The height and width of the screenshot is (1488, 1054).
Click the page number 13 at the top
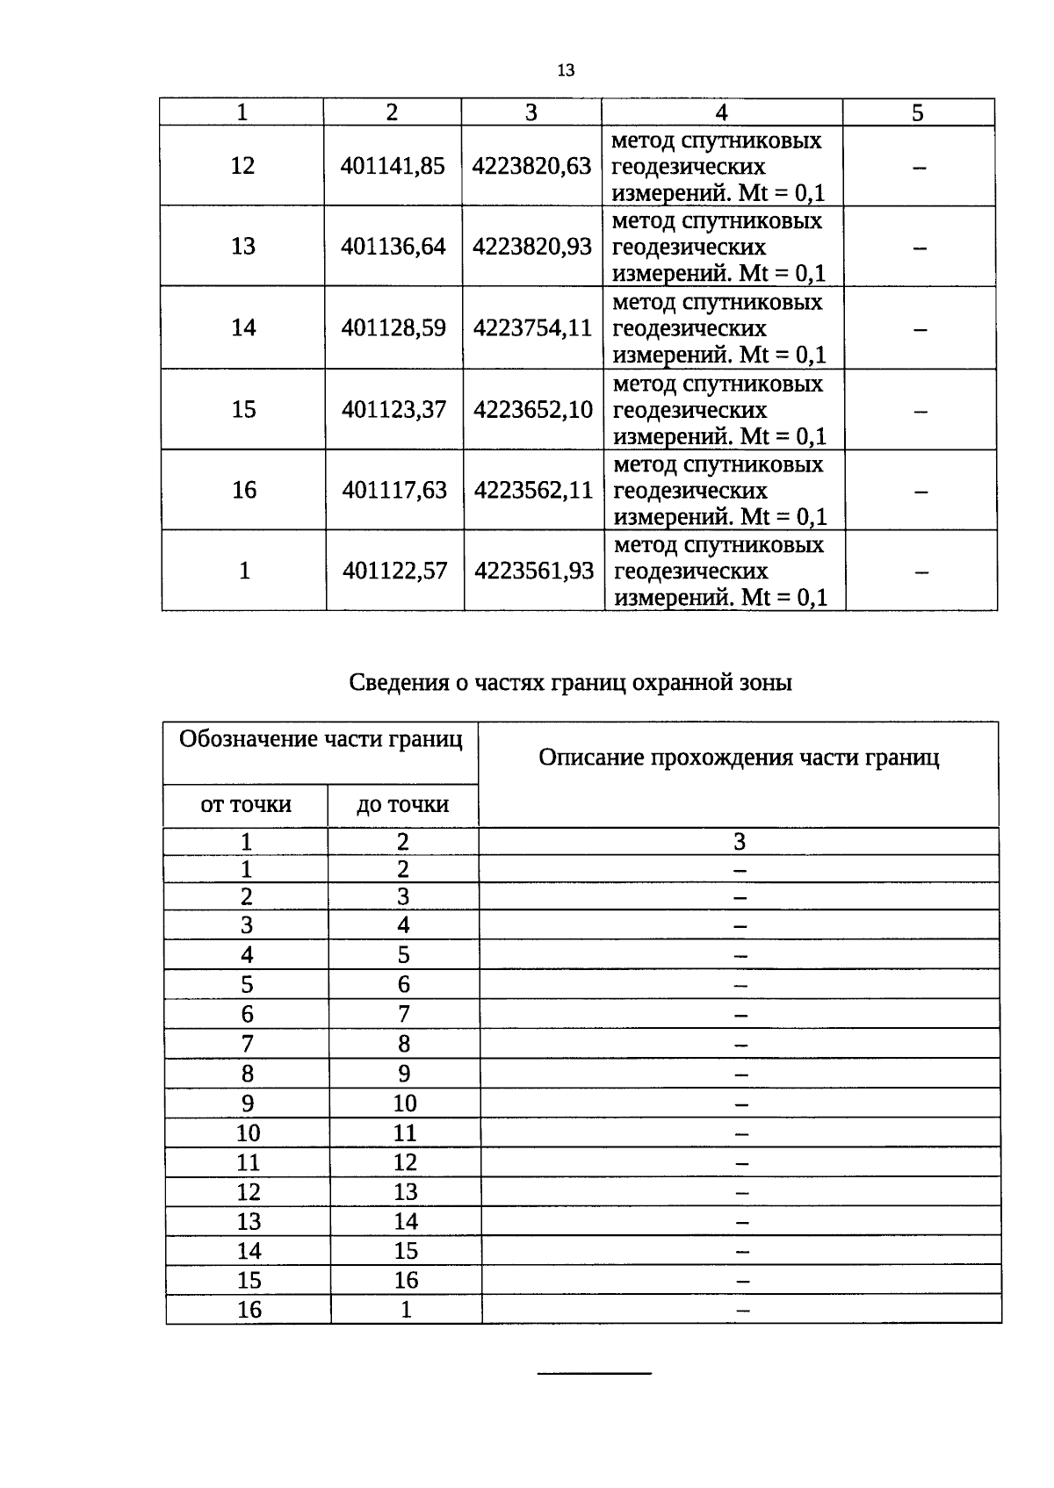(565, 70)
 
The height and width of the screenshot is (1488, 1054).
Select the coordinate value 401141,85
(393, 166)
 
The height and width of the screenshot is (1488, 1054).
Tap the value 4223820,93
(532, 247)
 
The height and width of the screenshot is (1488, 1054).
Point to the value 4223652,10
(533, 409)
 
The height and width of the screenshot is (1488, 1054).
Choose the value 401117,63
(394, 490)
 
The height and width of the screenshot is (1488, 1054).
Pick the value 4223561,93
(534, 571)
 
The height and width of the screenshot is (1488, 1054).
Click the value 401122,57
(395, 571)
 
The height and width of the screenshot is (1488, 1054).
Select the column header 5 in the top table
(918, 112)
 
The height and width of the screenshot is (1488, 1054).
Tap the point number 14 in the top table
(243, 327)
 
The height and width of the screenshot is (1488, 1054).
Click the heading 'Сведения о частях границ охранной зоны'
(570, 682)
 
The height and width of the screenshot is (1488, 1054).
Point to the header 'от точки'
(246, 804)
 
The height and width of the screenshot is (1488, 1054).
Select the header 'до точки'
(403, 804)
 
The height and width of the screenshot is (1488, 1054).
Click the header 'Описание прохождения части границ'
(739, 758)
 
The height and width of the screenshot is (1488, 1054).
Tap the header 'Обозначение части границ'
(321, 739)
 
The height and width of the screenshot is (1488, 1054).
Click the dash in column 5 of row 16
(920, 492)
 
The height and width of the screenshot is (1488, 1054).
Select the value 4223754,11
(533, 327)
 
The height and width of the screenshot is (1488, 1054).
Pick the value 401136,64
(393, 247)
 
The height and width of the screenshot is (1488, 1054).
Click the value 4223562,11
(534, 490)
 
